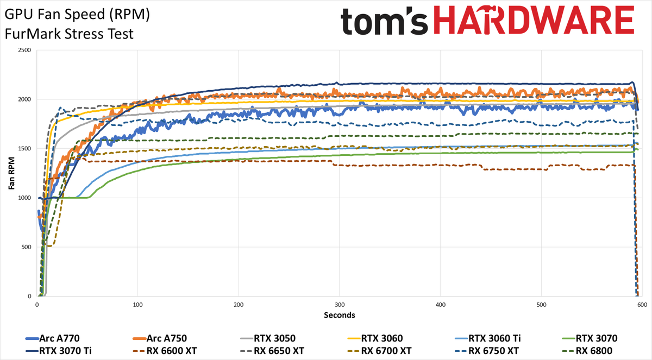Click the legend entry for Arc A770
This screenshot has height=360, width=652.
(52, 338)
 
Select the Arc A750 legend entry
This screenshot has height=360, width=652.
(160, 338)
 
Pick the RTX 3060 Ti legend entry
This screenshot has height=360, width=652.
(488, 338)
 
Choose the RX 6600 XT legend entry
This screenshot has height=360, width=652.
(165, 351)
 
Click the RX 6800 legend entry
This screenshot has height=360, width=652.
(587, 351)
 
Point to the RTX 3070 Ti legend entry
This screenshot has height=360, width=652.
(59, 351)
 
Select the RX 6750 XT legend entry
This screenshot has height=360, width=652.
(487, 351)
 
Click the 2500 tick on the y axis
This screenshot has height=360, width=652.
(24, 50)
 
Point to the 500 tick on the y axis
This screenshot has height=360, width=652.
(26, 247)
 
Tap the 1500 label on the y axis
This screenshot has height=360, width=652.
(24, 149)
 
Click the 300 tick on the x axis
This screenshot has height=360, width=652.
(340, 305)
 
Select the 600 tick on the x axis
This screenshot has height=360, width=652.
(642, 305)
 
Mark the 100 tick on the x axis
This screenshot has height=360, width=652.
(137, 305)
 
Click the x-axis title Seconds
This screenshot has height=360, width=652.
(340, 315)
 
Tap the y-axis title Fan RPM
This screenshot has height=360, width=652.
(11, 173)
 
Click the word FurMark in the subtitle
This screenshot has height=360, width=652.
(33, 34)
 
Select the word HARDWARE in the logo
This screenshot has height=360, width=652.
(534, 20)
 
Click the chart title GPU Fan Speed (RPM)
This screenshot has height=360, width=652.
(77, 15)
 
